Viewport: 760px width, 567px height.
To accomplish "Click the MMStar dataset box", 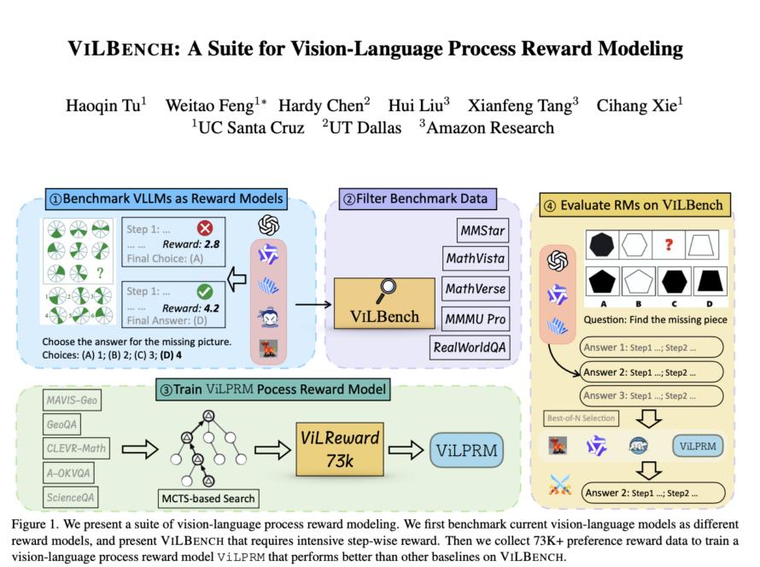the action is point(482,231).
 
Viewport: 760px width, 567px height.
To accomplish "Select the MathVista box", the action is point(476,258).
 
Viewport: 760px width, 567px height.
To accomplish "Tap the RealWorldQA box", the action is point(469,348).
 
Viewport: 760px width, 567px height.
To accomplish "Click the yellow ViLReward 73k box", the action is point(340,449).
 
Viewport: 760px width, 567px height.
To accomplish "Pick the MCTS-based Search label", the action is point(208,499).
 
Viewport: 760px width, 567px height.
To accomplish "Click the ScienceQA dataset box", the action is point(71,497).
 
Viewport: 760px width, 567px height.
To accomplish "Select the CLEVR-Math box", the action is point(76,448).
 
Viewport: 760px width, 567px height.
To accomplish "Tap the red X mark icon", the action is point(205,228).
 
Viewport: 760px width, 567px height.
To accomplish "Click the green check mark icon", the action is point(205,291).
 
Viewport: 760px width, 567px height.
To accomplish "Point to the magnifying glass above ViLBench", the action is point(386,290).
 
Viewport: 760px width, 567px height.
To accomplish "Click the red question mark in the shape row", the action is point(669,245).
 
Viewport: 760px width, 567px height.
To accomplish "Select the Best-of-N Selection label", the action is point(581,418).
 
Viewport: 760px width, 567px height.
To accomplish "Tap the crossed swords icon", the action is point(560,485).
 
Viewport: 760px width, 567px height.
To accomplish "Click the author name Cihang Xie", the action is point(640,105).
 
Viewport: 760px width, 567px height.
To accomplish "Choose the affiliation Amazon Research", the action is point(487,127).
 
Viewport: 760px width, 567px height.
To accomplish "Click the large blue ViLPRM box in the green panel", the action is point(467,450).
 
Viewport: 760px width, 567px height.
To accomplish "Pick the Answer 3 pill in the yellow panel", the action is point(652,396).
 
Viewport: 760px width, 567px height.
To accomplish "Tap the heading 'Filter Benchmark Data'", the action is point(422,199).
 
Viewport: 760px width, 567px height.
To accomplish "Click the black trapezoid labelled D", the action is point(710,281).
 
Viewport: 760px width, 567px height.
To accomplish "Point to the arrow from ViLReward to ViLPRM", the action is point(406,450).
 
